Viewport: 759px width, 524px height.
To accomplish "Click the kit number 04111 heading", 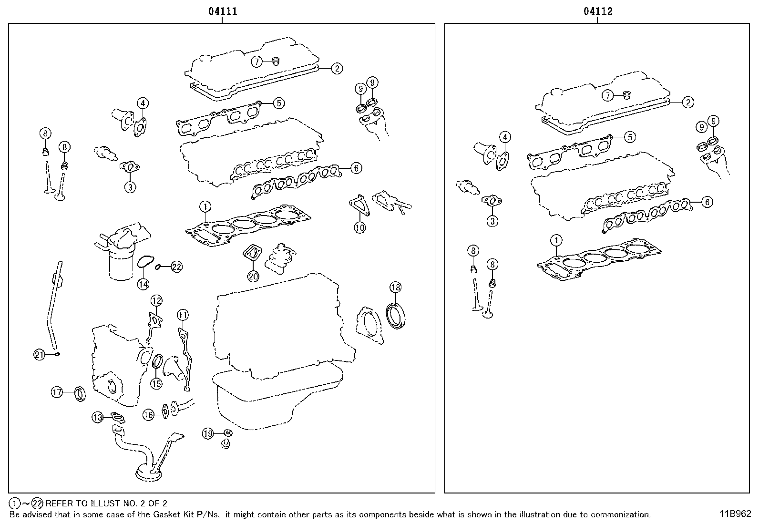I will pos(222,11).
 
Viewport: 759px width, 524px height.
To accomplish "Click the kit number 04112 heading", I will pos(598,11).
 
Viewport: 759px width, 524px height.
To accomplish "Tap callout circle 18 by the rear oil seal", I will pos(396,287).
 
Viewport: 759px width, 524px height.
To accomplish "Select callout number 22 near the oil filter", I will pos(176,267).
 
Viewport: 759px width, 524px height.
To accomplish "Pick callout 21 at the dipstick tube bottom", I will pos(40,354).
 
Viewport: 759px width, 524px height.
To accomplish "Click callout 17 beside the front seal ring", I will pos(57,392).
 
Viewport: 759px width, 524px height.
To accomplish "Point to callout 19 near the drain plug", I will pos(208,433).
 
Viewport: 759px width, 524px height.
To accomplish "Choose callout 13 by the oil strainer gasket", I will pos(98,417).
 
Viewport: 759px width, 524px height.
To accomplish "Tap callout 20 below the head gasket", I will pos(253,276).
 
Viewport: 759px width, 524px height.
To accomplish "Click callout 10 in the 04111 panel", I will pos(359,228).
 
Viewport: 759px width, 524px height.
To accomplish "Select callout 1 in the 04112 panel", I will pos(556,240).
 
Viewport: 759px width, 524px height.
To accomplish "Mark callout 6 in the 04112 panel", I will pos(707,202).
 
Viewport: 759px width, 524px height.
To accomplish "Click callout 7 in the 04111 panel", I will pos(257,61).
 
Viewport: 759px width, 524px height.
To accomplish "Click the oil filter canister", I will pos(123,266).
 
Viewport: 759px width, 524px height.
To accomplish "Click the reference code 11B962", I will pos(735,514).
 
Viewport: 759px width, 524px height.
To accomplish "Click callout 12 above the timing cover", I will pos(156,300).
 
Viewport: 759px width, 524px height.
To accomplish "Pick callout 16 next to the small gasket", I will pos(149,415).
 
